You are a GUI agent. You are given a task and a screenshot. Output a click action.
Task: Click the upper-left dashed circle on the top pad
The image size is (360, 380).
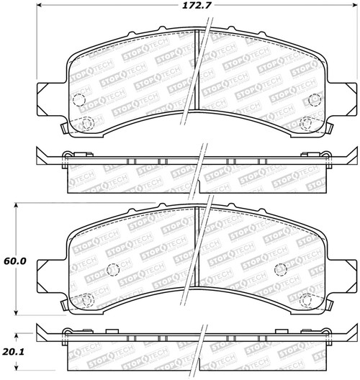pos(79,101)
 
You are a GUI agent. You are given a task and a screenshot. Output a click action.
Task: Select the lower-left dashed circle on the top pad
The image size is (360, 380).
pos(86,123)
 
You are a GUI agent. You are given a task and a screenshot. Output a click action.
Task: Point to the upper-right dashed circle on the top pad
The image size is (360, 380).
pos(313,101)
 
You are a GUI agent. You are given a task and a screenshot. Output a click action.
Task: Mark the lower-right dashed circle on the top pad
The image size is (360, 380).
pos(307,123)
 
